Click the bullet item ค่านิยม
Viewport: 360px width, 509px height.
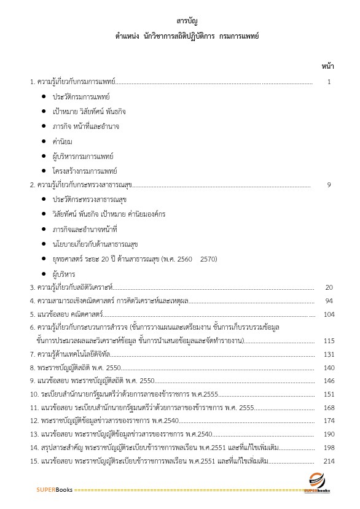(63, 141)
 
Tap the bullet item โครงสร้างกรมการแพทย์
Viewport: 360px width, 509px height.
(85, 171)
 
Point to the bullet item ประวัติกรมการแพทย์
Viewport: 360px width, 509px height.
(82, 97)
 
